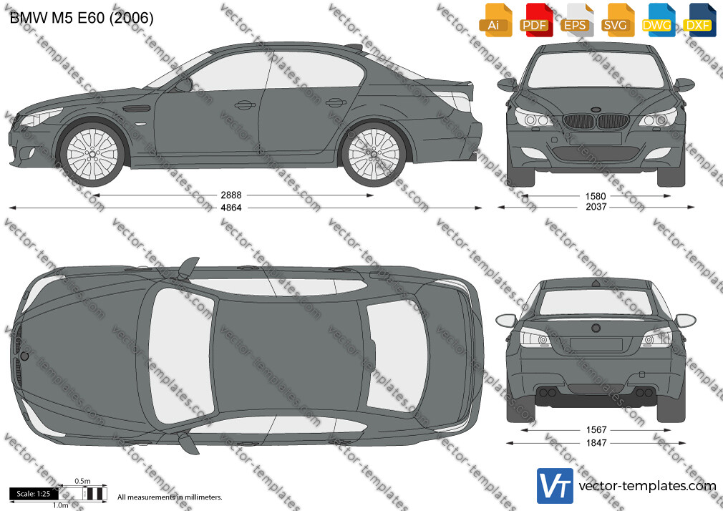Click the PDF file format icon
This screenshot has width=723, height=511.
(534, 19)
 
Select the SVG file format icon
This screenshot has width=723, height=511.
(615, 19)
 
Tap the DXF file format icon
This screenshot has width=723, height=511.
(698, 19)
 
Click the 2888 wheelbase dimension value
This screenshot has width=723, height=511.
(231, 195)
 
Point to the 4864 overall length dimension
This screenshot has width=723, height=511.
(231, 208)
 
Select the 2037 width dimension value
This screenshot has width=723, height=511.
(596, 207)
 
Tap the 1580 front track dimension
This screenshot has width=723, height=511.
(596, 196)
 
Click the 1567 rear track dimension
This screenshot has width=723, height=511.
(596, 430)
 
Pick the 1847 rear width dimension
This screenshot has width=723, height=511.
(596, 443)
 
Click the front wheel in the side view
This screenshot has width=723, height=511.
(92, 154)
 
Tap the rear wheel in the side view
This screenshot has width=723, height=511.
(374, 154)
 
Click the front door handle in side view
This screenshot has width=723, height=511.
(245, 105)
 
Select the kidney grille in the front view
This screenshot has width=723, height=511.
(596, 122)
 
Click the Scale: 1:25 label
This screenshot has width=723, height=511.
(33, 494)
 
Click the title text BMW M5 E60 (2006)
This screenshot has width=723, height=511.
(82, 18)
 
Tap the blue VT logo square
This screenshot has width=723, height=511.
(555, 486)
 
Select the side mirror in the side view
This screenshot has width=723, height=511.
(183, 85)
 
